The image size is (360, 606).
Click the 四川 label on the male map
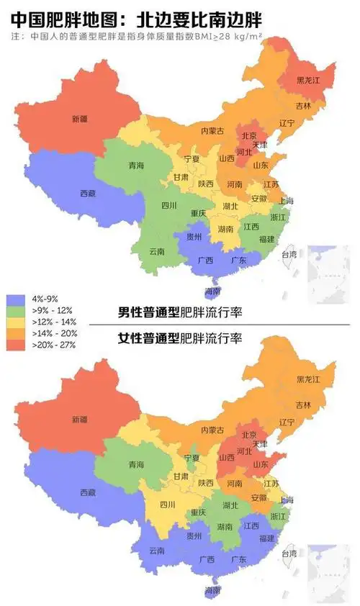click(x=169, y=205)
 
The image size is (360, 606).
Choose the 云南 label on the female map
click(x=157, y=551)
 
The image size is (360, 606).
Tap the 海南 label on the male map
click(x=212, y=291)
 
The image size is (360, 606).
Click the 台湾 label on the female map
click(x=289, y=553)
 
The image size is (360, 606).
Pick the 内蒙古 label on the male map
click(x=212, y=130)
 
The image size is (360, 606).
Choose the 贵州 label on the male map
click(x=194, y=235)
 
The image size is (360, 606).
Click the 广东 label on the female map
click(x=237, y=559)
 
